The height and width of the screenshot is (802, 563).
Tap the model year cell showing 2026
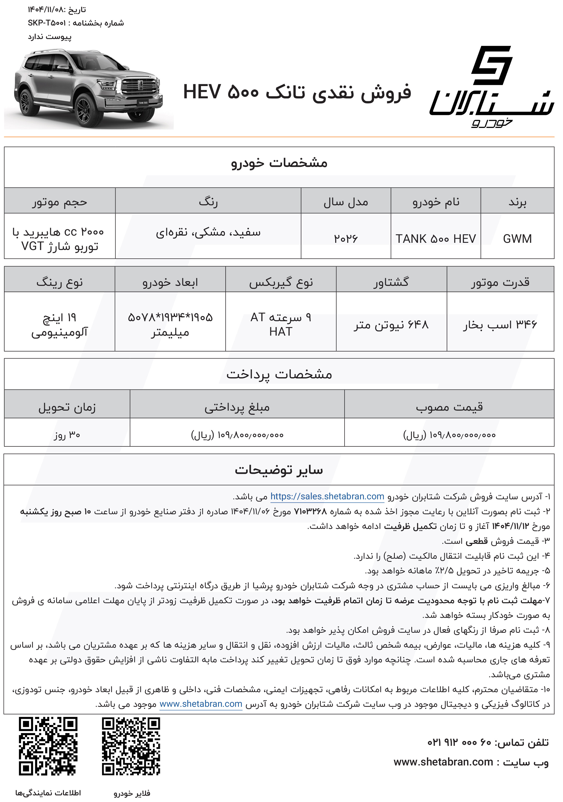pos(346,238)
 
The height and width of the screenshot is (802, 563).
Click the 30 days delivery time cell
pos(67,435)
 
